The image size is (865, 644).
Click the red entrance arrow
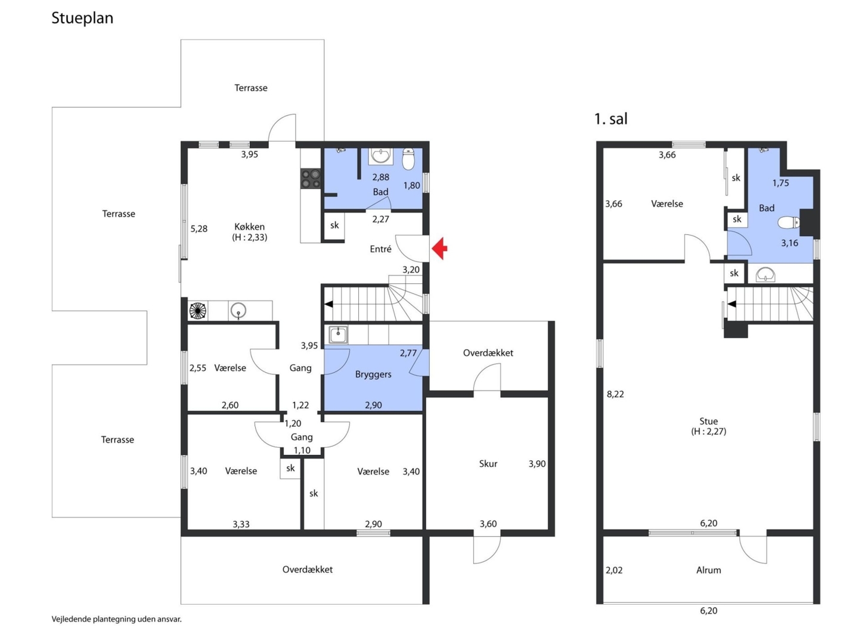pos(439,248)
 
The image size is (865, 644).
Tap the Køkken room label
pos(249,227)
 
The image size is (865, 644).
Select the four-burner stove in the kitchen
pos(311,179)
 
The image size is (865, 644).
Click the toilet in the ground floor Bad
pos(408,159)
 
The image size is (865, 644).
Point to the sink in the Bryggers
pos(338,335)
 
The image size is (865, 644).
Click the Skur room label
pos(488,464)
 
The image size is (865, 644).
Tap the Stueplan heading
pos(82,18)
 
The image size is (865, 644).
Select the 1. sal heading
pos(610,119)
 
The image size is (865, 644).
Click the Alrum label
pos(708,570)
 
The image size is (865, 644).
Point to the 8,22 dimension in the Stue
pos(615,394)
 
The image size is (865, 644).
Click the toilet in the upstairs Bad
pos(789,222)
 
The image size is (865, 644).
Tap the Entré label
pos(380,249)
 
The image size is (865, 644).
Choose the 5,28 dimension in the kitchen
pos(199,228)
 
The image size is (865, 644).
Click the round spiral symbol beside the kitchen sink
pos(198,311)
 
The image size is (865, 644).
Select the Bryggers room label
pos(373,375)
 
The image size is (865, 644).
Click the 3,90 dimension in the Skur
pos(537,464)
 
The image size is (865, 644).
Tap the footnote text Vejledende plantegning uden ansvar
pos(117,619)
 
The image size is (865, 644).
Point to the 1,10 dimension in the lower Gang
pos(302,451)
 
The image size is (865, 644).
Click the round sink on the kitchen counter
pos(238,311)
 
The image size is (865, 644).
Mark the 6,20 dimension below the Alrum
pos(708,611)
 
